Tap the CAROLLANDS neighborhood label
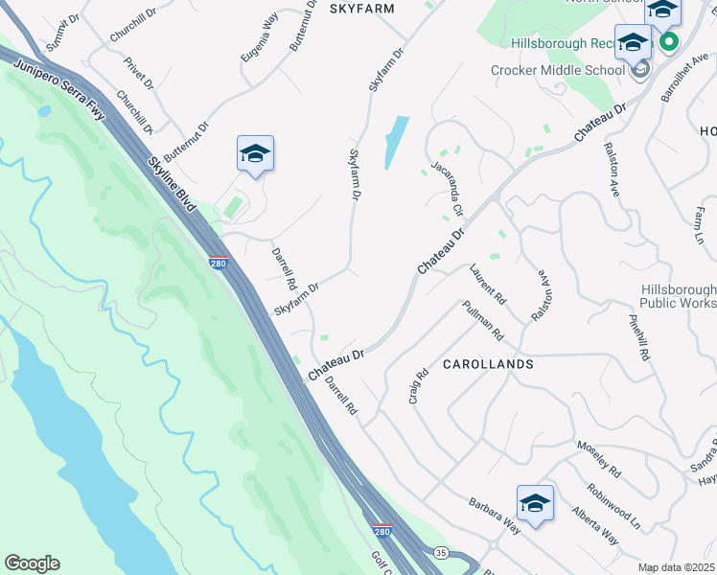pos(487,365)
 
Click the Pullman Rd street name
pos(482,320)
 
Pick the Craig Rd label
pos(418,387)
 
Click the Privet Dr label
pos(139,73)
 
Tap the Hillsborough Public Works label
pos(678,296)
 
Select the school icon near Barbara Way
pos(535,503)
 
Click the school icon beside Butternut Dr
pos(256,153)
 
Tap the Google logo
pos(32,563)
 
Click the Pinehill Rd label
pos(639,337)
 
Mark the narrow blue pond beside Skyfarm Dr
pos(396,141)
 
